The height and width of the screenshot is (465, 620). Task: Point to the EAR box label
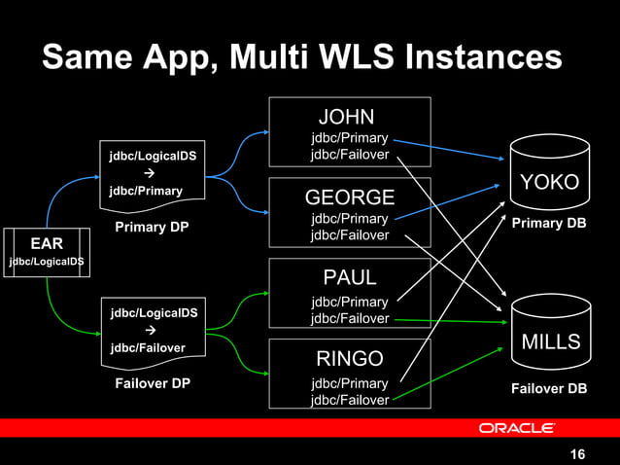(x=47, y=242)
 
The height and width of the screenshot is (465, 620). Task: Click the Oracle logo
(x=516, y=428)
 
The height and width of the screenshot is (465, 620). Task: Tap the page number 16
(x=577, y=454)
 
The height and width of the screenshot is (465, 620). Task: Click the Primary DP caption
(x=151, y=228)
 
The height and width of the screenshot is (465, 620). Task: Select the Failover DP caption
(x=153, y=383)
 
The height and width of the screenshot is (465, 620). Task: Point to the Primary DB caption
(x=549, y=224)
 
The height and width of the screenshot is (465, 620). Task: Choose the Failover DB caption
(x=549, y=389)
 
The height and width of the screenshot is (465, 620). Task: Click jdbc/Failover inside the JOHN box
(x=350, y=155)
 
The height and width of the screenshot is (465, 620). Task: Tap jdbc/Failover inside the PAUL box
(x=350, y=319)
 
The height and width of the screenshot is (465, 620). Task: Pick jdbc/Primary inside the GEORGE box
(x=350, y=219)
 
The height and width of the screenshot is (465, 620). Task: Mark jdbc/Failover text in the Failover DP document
(x=147, y=347)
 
